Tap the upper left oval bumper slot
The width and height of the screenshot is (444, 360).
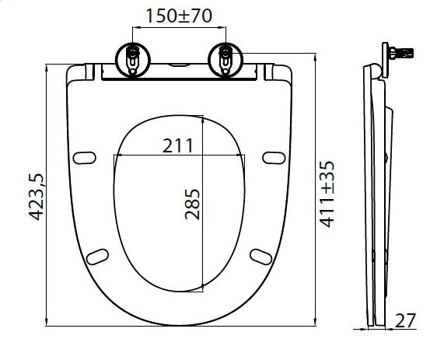tap(82, 159)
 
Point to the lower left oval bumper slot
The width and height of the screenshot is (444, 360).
tap(98, 256)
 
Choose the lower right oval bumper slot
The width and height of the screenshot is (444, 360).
tap(260, 256)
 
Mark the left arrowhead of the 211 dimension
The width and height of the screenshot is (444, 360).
tap(117, 154)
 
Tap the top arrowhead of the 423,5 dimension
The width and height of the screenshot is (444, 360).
tap(47, 58)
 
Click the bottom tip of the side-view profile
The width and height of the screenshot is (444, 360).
tap(377, 325)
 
